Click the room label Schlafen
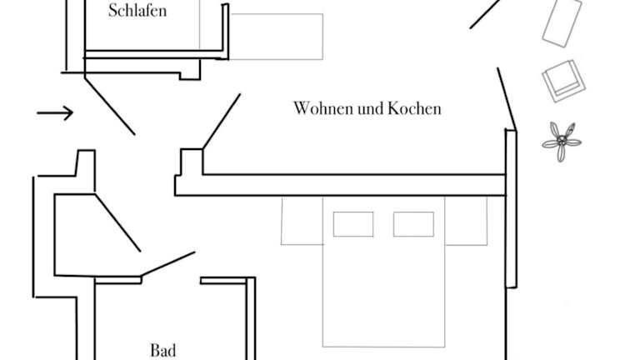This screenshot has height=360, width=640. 137,11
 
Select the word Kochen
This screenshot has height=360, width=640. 414,108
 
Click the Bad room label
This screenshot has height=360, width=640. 163,350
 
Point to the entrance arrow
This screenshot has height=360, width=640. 55,112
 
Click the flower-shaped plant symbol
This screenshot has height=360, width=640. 562,142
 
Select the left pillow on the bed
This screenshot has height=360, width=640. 353,224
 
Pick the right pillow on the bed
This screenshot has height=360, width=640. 413,224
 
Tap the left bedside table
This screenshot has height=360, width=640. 302,221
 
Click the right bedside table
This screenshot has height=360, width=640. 466,221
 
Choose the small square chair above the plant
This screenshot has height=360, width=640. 564,81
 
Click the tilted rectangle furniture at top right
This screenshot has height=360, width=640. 562,22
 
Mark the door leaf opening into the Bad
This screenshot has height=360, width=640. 167,263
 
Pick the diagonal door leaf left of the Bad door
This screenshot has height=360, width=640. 117,223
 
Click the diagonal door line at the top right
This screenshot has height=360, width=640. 485,14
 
